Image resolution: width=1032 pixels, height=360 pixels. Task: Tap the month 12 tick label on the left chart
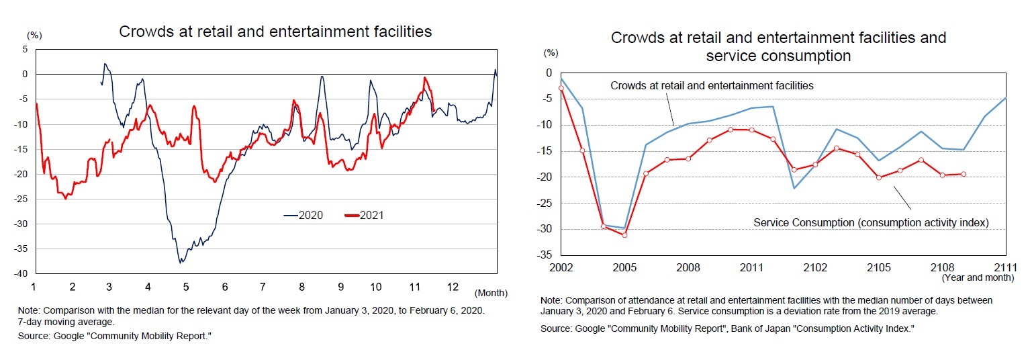point(453,287)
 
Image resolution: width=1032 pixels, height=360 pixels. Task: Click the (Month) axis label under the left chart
point(490,293)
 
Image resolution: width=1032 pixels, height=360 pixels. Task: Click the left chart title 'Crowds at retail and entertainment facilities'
point(275,32)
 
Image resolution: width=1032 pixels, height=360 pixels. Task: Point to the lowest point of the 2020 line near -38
point(180,262)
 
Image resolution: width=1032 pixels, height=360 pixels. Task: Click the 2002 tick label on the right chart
point(561,267)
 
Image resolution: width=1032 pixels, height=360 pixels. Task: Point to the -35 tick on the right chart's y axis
point(545,255)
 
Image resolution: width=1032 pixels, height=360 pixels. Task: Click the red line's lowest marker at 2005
point(624,235)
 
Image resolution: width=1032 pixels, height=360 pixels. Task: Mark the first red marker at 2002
point(561,89)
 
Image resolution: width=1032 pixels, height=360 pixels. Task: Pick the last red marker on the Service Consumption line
point(964,174)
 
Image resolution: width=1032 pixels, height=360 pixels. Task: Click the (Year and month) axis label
point(977,277)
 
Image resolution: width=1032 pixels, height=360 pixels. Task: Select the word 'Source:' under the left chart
point(49,334)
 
